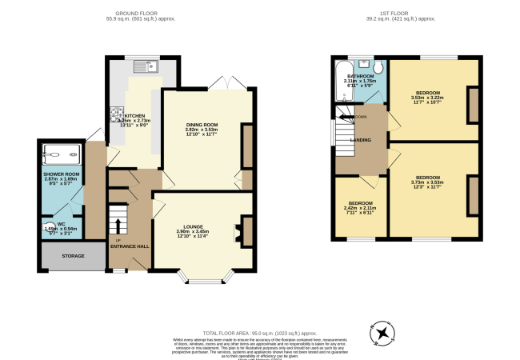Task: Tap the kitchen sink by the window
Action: (x=147, y=67)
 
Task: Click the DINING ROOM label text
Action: (x=202, y=125)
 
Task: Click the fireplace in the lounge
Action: (x=238, y=233)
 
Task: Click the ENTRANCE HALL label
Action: (x=129, y=246)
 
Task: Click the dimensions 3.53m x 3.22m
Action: (x=426, y=98)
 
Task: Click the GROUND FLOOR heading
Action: (x=134, y=12)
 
